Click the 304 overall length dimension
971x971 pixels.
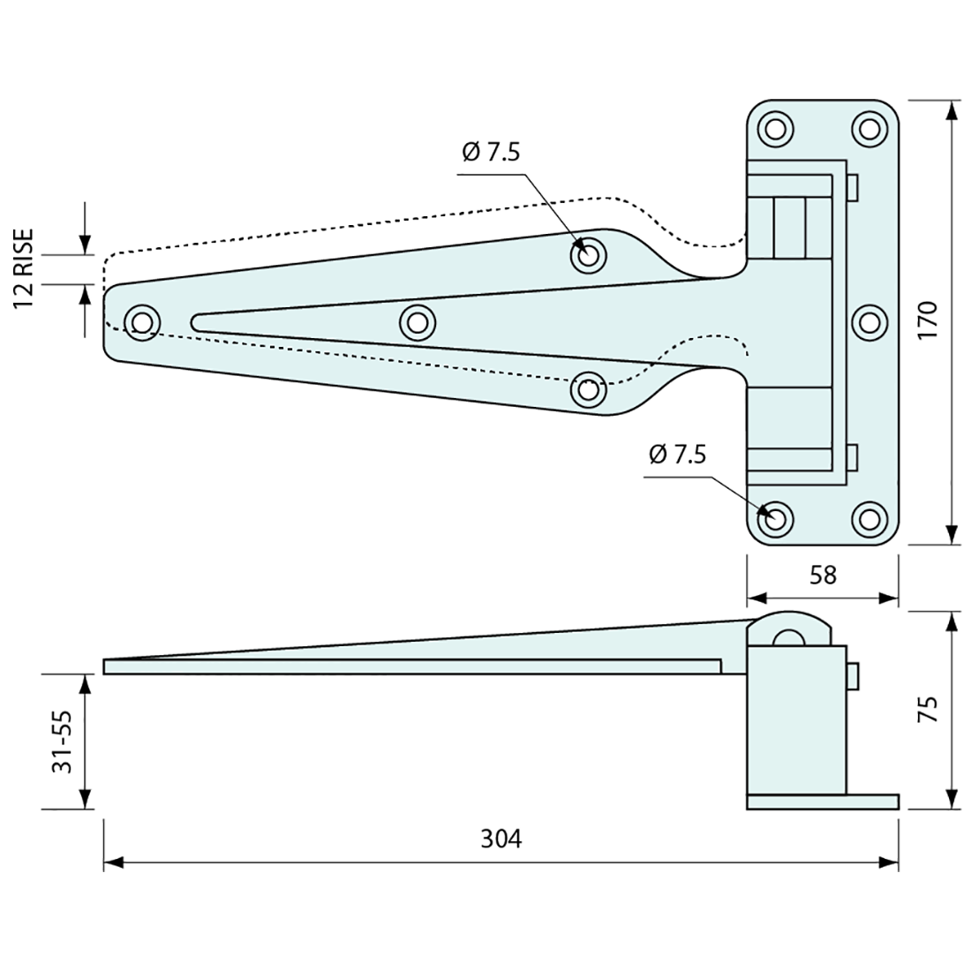(x=501, y=838)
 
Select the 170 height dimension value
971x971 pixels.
(x=927, y=321)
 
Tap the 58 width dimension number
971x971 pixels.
(x=823, y=575)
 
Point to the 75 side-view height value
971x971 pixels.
(x=927, y=710)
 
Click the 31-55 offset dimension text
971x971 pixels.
(x=61, y=741)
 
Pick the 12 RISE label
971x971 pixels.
(x=24, y=267)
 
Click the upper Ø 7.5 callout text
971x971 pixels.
(x=491, y=152)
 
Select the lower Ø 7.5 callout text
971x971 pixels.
(x=677, y=455)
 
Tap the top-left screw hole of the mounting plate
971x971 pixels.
(x=775, y=129)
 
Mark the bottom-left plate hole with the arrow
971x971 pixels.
(x=775, y=518)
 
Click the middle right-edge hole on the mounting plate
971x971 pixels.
(x=870, y=322)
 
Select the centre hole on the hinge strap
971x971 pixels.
(x=418, y=321)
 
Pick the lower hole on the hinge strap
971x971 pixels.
(x=589, y=388)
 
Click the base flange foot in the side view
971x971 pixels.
(x=822, y=802)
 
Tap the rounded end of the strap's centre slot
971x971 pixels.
(x=199, y=321)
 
